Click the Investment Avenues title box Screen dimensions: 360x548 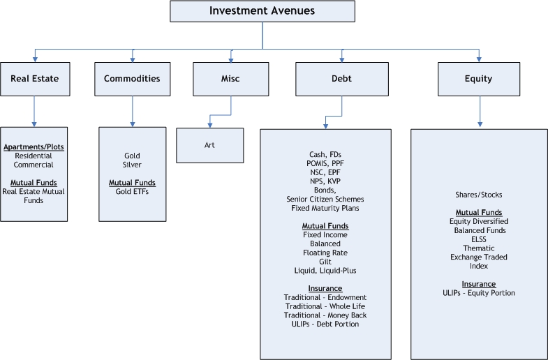262,11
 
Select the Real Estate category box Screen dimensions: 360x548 34,79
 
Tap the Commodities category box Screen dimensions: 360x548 132,79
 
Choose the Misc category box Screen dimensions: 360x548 230,79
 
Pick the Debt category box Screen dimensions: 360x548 341,79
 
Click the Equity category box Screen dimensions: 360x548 478,79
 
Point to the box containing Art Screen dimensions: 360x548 210,146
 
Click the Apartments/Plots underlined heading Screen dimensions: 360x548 34,147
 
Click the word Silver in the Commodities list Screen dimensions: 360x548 132,165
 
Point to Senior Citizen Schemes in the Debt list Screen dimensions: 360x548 325,200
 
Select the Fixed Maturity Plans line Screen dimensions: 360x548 325,208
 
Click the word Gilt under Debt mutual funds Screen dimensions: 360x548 325,262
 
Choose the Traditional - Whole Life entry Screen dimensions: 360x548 325,306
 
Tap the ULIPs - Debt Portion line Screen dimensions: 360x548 325,324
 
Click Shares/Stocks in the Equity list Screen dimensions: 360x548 478,195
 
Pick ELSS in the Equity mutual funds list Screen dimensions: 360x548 478,239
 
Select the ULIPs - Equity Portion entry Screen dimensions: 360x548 478,293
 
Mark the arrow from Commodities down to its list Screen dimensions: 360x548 132,112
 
